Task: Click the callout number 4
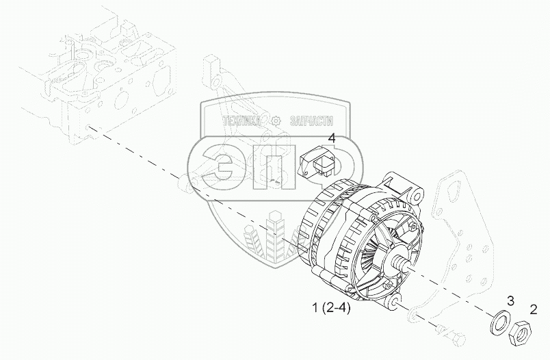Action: point(332,138)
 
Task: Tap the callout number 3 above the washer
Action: point(510,300)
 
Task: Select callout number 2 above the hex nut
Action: point(533,309)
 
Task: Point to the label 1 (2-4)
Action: point(331,308)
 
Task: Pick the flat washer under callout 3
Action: point(500,320)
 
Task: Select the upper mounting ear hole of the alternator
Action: point(416,197)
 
